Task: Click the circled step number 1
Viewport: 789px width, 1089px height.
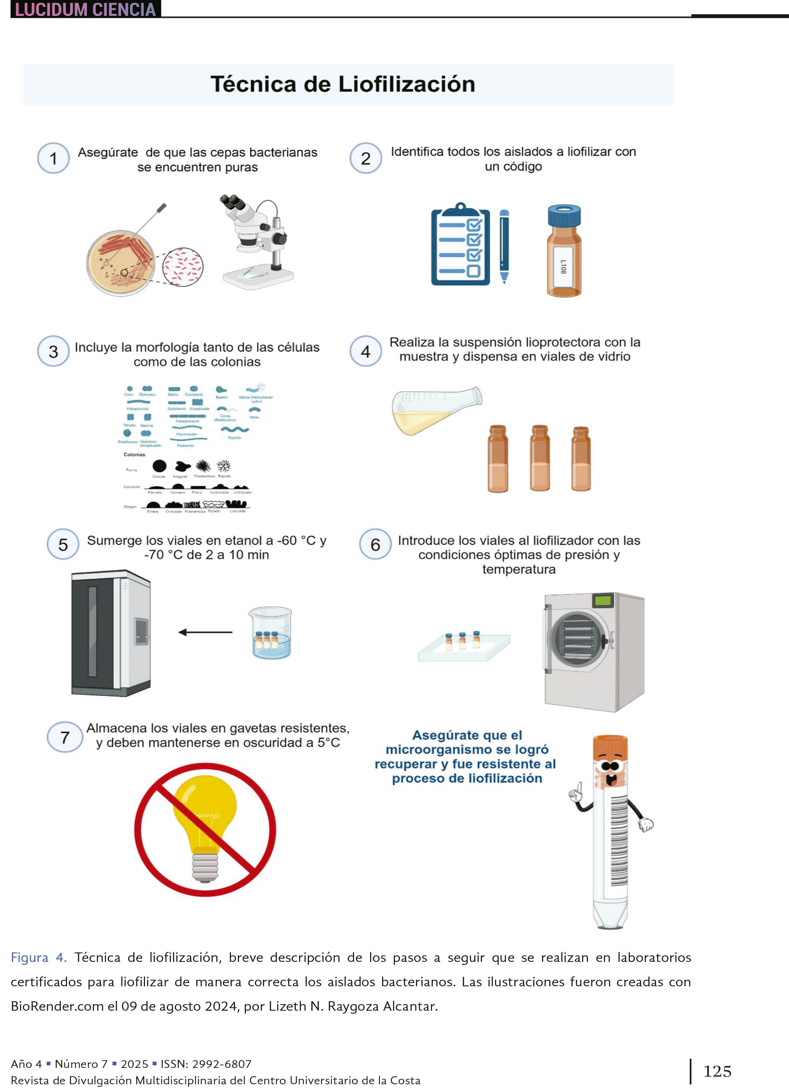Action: (x=53, y=158)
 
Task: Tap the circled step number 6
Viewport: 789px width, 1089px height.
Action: (x=376, y=544)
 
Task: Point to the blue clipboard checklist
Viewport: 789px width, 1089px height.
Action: (x=460, y=246)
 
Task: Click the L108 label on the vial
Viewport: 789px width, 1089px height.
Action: (x=563, y=267)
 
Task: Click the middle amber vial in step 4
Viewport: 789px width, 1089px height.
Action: (x=540, y=459)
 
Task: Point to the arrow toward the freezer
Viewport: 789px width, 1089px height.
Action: (x=205, y=632)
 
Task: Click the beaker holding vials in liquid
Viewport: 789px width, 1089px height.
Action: (x=270, y=633)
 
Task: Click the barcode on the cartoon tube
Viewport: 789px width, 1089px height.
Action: (x=619, y=840)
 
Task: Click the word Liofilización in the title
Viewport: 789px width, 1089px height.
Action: (x=407, y=84)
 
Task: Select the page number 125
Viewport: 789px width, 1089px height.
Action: (x=717, y=1071)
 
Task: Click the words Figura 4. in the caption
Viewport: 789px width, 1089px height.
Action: (x=38, y=958)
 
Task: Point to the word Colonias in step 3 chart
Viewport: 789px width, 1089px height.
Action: (x=134, y=454)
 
